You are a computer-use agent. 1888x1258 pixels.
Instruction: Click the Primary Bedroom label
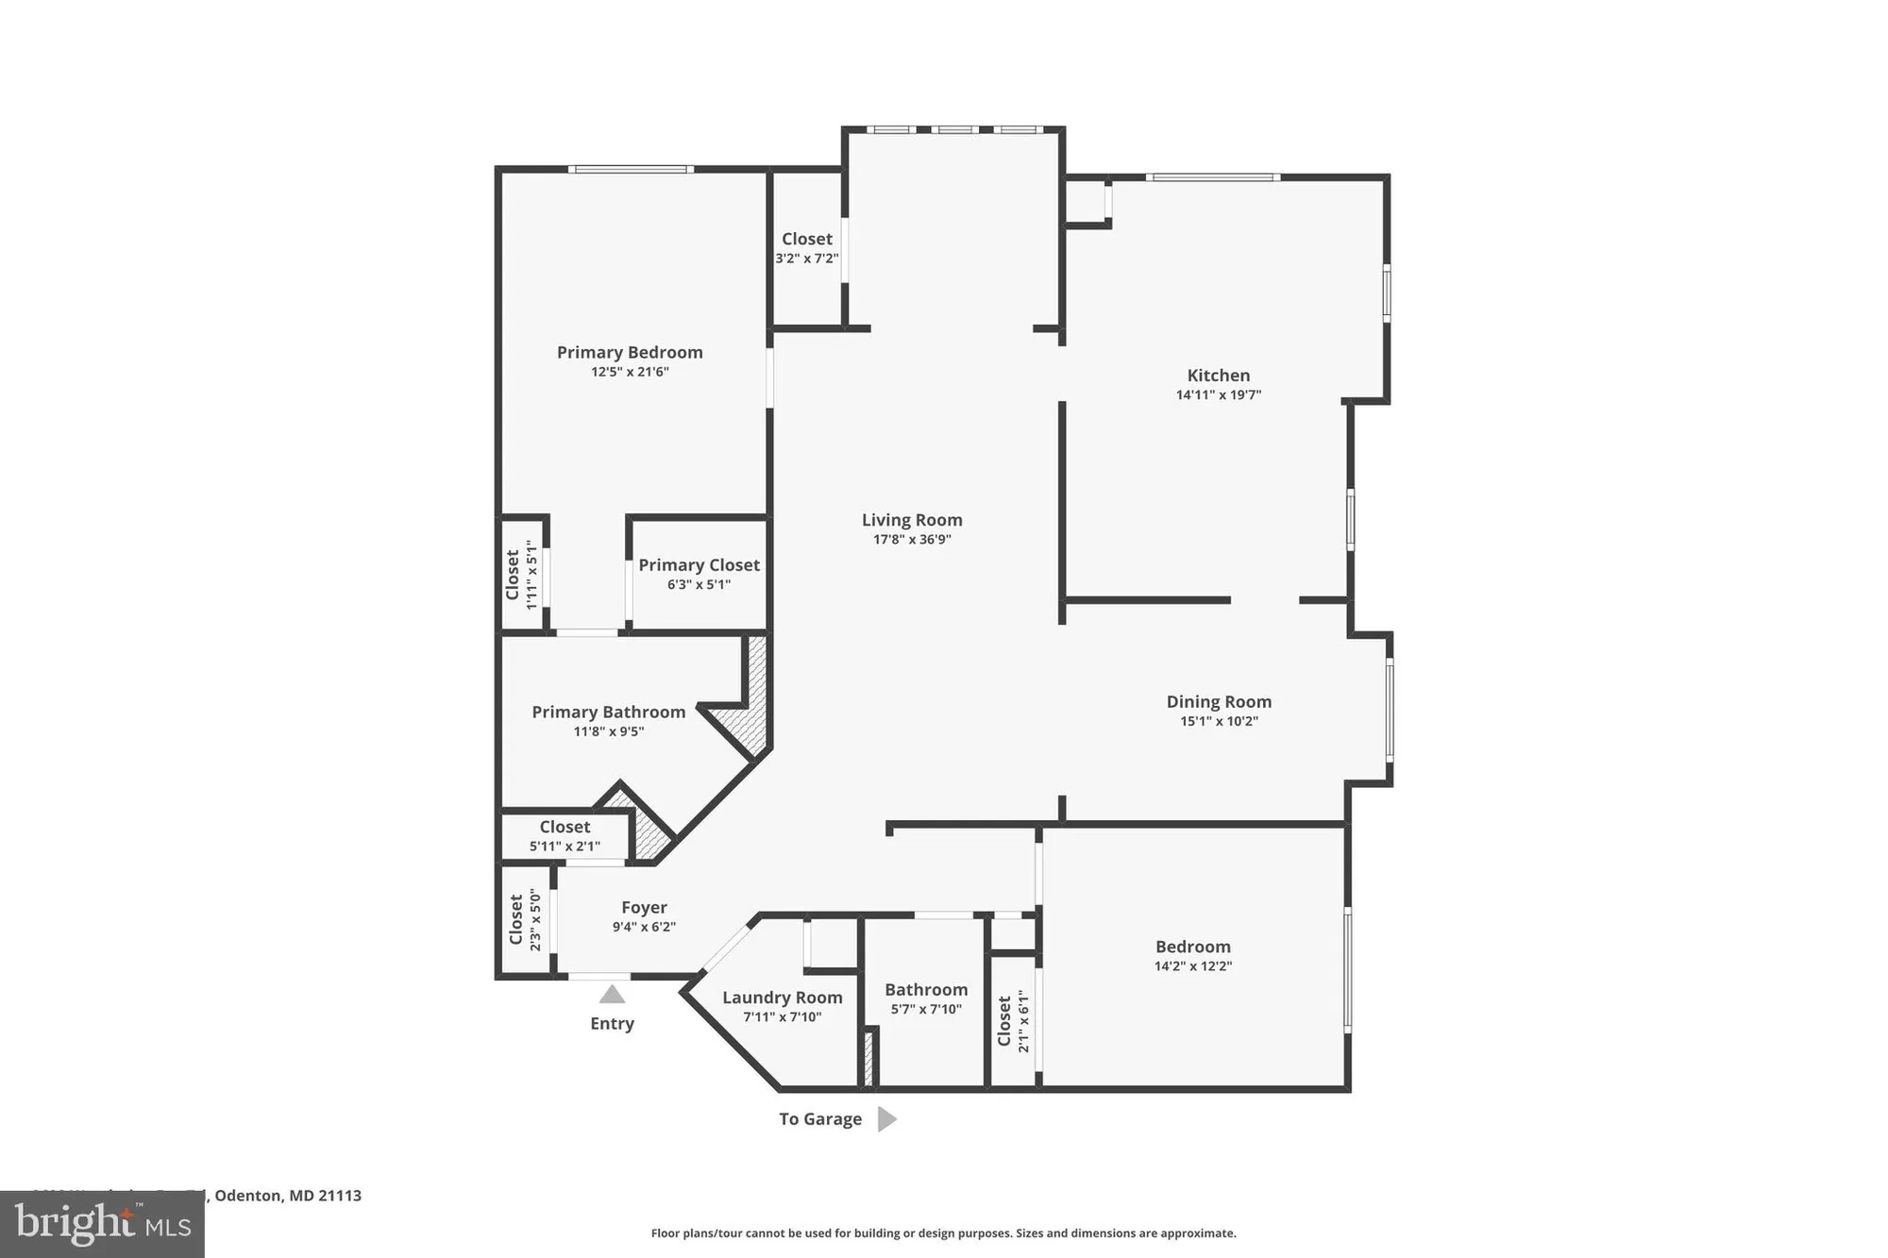(630, 352)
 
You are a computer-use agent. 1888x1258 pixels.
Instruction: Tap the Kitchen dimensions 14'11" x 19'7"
(1218, 395)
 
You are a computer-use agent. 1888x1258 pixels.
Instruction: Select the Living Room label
(912, 520)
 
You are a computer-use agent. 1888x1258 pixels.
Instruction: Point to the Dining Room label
(1219, 701)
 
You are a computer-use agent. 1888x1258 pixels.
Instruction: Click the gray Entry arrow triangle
(612, 995)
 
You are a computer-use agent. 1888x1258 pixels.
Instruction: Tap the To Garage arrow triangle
(885, 1119)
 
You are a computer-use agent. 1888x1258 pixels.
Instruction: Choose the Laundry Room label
(782, 998)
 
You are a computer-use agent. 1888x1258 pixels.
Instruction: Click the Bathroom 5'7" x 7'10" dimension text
(926, 1009)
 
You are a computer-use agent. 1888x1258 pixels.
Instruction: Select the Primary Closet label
(699, 564)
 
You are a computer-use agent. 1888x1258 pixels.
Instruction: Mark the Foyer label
(644, 907)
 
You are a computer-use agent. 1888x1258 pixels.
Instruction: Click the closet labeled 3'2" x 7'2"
(807, 248)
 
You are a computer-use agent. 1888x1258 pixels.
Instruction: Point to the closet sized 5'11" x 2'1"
(565, 835)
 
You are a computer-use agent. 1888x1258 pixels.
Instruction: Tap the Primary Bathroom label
(608, 712)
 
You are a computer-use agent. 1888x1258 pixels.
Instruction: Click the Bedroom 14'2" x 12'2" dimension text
(1192, 966)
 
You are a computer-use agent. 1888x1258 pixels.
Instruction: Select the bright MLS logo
(102, 1224)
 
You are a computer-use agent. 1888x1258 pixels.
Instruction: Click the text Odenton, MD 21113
(288, 1196)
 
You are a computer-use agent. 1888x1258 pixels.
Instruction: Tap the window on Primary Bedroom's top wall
(631, 170)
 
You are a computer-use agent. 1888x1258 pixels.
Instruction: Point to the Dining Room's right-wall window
(1390, 709)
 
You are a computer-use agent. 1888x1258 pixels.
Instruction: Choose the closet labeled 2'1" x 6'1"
(1012, 1021)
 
